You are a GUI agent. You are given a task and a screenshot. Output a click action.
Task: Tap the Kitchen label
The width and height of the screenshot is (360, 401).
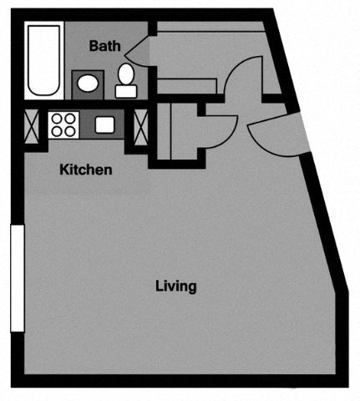86,170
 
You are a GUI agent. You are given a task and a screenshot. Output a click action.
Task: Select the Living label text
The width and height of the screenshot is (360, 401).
175,286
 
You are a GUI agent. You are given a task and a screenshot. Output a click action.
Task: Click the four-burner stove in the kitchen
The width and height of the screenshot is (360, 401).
62,125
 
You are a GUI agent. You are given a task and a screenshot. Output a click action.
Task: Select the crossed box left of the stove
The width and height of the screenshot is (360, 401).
32,125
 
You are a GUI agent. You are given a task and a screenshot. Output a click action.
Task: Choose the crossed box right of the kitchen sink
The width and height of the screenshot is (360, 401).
134,125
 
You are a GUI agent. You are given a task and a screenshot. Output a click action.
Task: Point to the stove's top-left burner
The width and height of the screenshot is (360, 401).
56,119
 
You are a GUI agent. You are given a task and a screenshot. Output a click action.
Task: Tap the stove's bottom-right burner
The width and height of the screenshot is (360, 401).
68,132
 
